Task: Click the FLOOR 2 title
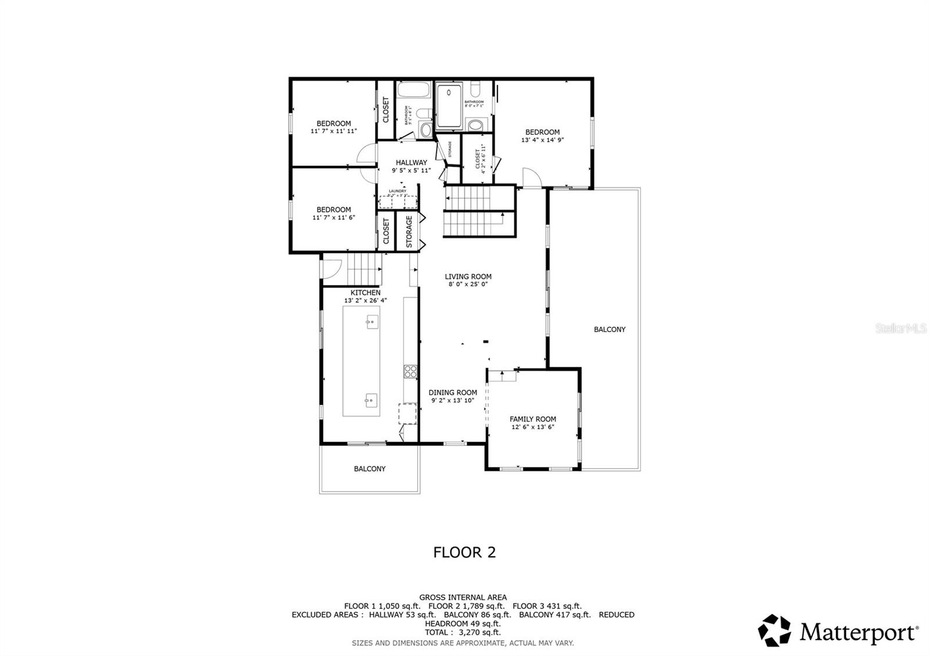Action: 464,552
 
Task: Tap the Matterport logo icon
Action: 775,630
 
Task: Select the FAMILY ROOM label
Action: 532,419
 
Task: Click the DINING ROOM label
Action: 453,392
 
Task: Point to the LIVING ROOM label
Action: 468,277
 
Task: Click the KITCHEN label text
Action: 365,293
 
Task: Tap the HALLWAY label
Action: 411,163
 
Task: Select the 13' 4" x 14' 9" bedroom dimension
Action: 542,140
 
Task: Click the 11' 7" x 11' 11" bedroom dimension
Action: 333,131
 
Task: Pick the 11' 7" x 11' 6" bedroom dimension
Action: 333,218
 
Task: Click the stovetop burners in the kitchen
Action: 411,372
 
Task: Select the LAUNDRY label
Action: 398,191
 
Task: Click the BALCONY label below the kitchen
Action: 369,469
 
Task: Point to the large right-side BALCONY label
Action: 610,330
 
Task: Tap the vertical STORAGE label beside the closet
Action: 409,232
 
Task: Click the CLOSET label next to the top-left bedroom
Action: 386,110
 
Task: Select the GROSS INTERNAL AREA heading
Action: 463,597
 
